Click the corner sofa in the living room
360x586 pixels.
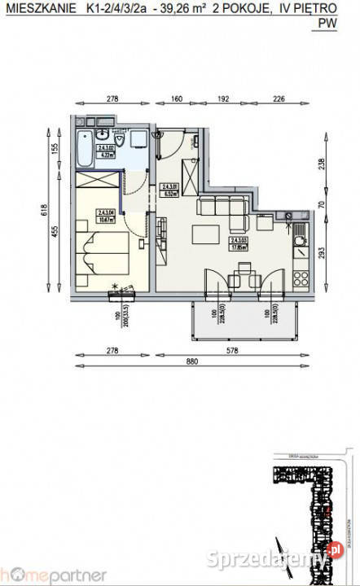pos(225,213)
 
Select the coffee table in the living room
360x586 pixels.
pos(204,234)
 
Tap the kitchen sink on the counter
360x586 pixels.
pos(298,231)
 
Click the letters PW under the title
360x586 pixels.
pos(327,24)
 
